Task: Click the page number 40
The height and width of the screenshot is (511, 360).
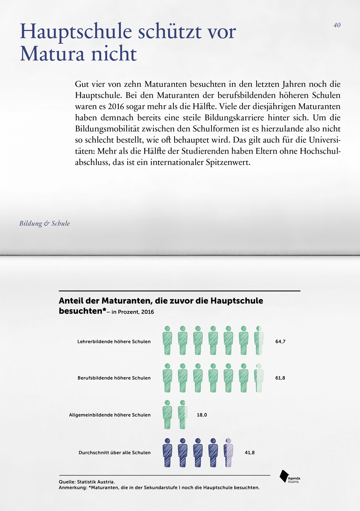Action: point(337,25)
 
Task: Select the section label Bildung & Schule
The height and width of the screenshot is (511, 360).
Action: point(45,224)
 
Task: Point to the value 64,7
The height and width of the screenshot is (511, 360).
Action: point(280,341)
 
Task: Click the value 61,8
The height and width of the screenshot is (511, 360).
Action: point(280,378)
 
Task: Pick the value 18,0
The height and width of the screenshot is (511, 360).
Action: point(202,415)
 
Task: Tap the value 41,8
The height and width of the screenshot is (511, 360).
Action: point(250,452)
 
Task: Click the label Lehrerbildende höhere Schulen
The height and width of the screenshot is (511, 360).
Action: point(114,341)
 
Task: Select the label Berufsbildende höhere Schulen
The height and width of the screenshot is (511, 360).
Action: point(114,378)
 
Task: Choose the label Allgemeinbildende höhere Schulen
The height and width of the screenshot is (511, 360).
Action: point(110,415)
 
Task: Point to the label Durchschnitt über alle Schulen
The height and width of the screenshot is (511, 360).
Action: point(115,452)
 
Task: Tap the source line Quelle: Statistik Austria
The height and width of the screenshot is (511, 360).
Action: point(87,482)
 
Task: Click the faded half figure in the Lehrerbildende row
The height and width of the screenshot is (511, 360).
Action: point(259,341)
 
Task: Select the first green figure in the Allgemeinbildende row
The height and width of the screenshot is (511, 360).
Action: point(167,415)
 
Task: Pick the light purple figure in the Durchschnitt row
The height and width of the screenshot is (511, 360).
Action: point(229,452)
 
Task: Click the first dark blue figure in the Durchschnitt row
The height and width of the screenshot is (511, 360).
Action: point(167,452)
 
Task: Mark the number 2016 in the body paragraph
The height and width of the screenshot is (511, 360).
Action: point(116,107)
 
